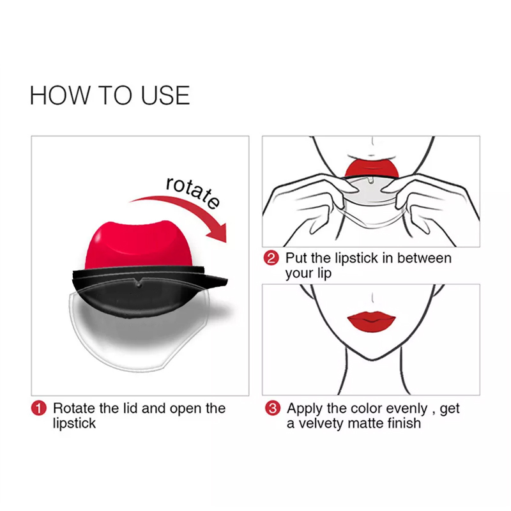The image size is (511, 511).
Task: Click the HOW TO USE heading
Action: (x=110, y=95)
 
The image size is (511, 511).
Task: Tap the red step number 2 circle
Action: (x=272, y=259)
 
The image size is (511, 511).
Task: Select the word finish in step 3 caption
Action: (x=402, y=423)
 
